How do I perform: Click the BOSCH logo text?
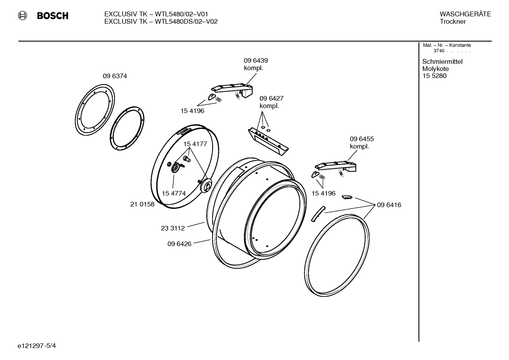click(52, 16)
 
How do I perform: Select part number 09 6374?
click(115, 76)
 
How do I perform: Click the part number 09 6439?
click(256, 61)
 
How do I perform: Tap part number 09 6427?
click(271, 99)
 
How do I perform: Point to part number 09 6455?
click(361, 139)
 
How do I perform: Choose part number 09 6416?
click(389, 205)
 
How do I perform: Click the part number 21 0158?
click(142, 204)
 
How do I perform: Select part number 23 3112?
click(173, 228)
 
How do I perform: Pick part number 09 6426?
click(179, 244)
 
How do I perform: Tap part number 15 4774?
click(174, 193)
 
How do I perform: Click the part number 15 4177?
click(195, 144)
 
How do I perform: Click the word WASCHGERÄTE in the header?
click(465, 14)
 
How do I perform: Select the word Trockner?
click(453, 22)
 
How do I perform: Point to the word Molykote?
click(435, 69)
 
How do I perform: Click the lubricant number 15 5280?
click(434, 76)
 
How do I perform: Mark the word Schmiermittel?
click(442, 62)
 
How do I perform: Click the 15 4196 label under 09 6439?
click(192, 111)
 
